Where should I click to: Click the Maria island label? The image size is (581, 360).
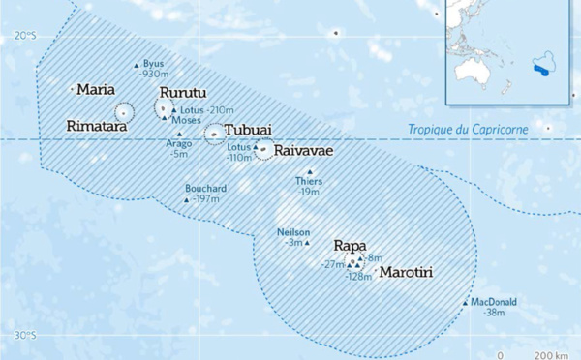[97, 89]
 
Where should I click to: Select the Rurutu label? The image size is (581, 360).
[183, 93]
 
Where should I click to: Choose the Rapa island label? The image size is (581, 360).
[351, 245]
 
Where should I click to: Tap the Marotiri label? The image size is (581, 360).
[406, 273]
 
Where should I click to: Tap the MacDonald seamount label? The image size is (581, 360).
[497, 302]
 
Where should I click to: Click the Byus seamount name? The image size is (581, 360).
[153, 63]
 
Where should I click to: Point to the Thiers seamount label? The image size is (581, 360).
[307, 181]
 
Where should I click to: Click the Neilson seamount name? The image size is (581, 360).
[293, 232]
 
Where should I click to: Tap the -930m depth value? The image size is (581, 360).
[155, 74]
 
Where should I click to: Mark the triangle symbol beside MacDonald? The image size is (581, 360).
[466, 303]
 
